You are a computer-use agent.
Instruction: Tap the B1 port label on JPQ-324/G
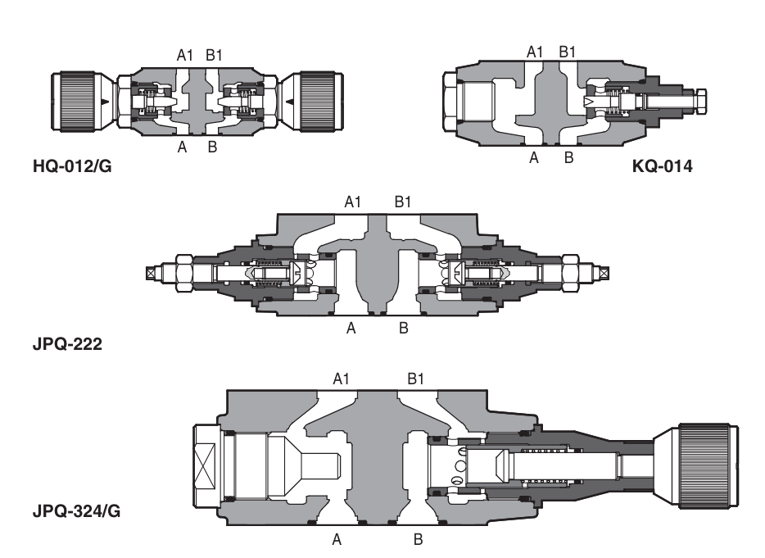click(416, 378)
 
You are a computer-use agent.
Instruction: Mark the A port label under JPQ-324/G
click(336, 540)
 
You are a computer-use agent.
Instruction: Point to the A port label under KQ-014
click(533, 157)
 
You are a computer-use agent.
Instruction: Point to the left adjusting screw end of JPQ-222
click(152, 271)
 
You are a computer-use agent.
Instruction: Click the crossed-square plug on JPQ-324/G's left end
click(206, 462)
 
